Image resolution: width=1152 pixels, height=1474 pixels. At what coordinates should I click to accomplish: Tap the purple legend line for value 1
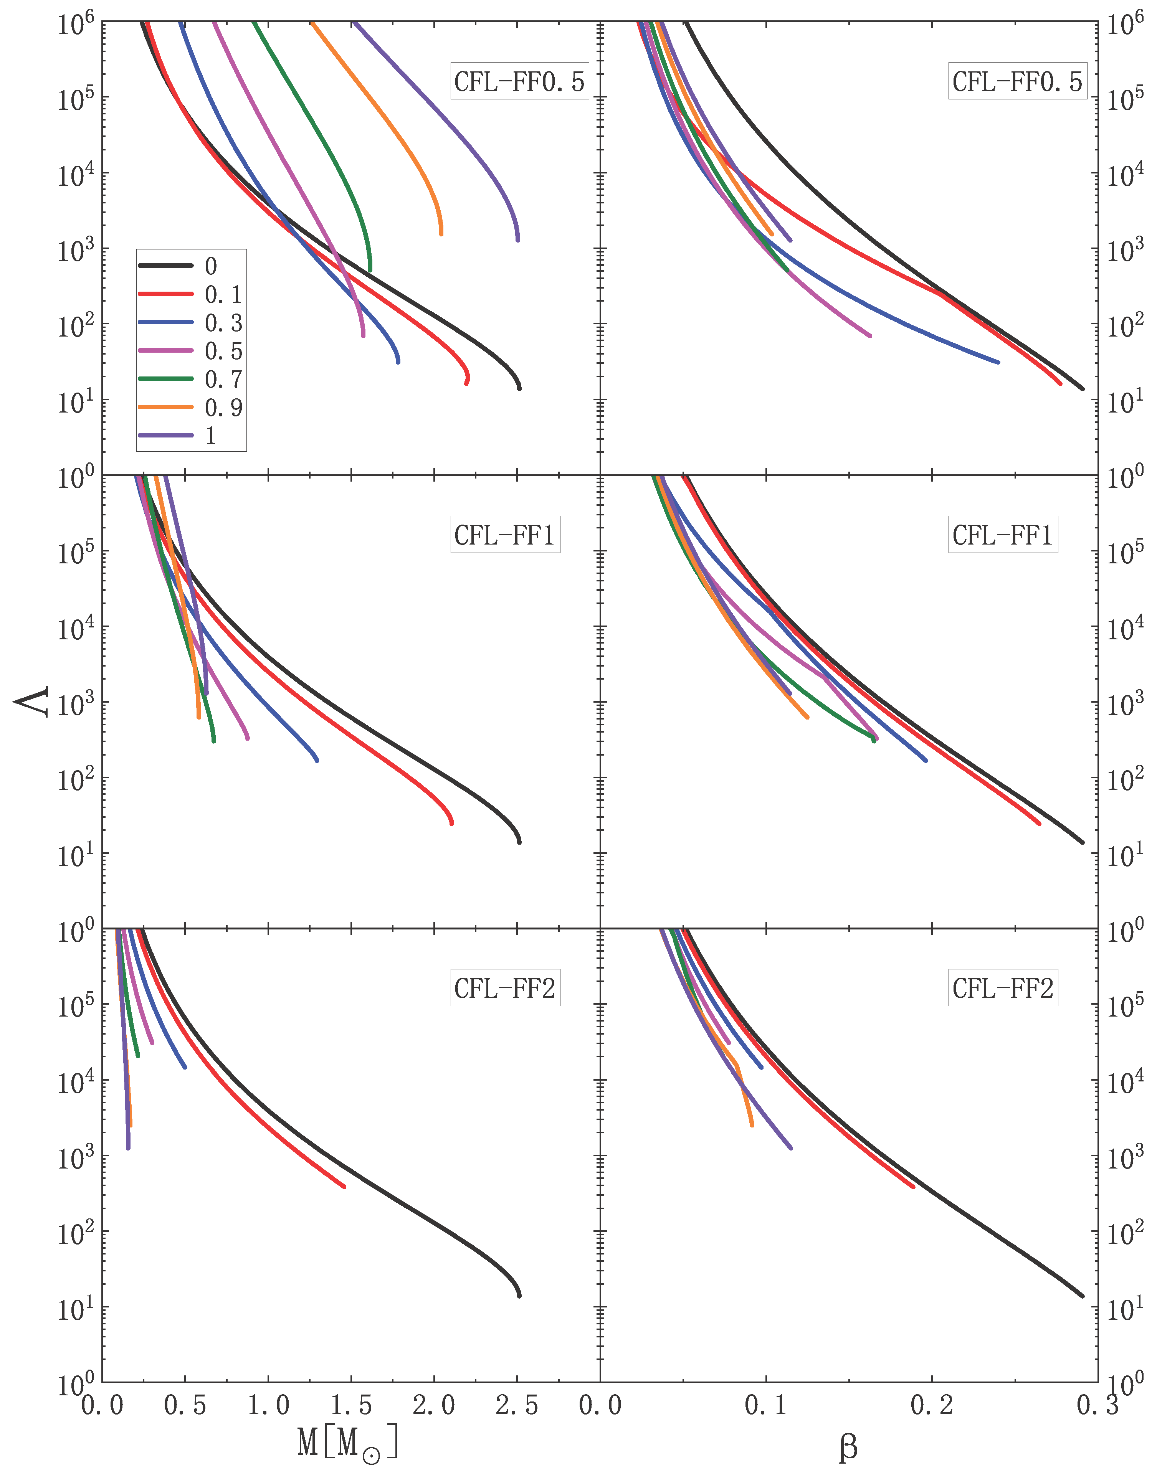165,436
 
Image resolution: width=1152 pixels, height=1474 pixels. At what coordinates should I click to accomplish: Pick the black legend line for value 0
165,266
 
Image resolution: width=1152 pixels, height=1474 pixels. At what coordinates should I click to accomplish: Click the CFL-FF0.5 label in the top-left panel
519,82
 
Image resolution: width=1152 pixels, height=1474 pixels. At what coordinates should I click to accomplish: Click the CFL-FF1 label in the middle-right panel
1002,535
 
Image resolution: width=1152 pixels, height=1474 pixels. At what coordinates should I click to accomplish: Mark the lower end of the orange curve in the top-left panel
441,234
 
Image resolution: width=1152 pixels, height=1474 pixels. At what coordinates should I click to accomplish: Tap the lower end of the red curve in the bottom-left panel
344,1205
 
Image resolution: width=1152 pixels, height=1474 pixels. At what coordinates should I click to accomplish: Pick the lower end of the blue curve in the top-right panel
998,362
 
